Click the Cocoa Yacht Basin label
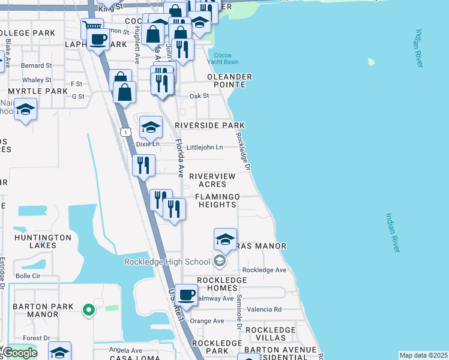point(222,58)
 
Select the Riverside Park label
point(209,125)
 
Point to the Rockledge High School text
point(167,261)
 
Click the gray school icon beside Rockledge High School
point(220,261)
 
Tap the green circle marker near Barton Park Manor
point(88,310)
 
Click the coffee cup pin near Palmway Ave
point(186,295)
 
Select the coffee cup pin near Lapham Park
point(98,40)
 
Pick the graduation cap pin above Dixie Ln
point(151,127)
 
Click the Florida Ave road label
point(179,158)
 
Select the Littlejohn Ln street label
point(205,147)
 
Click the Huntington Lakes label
point(35,241)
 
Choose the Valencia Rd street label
point(268,310)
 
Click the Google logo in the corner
point(20,353)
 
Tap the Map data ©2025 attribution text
point(423,355)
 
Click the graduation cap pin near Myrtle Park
point(26,110)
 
